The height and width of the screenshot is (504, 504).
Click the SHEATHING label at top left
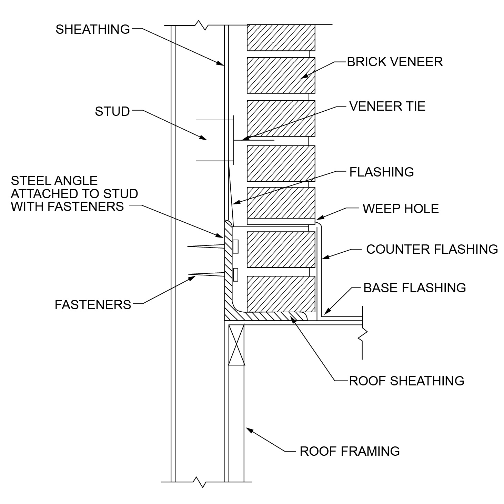pos(93,29)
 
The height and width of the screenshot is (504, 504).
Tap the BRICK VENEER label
pos(395,62)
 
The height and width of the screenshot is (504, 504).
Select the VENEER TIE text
pos(387,106)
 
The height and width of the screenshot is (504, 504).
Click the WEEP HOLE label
pos(401,209)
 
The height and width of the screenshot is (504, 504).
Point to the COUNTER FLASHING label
pos(432,249)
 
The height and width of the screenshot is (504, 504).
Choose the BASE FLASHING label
pos(415,288)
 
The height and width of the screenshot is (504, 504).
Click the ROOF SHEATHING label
pos(407,381)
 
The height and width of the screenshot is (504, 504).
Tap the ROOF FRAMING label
pos(350,451)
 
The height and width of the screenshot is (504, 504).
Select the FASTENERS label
pos(93,305)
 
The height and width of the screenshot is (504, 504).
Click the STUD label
pos(112,111)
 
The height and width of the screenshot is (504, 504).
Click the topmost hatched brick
pos(281,38)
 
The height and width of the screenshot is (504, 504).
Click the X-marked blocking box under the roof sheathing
pos(236,345)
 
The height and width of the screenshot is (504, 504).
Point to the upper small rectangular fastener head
pos(235,246)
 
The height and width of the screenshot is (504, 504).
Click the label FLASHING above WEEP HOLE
pos(382,172)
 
